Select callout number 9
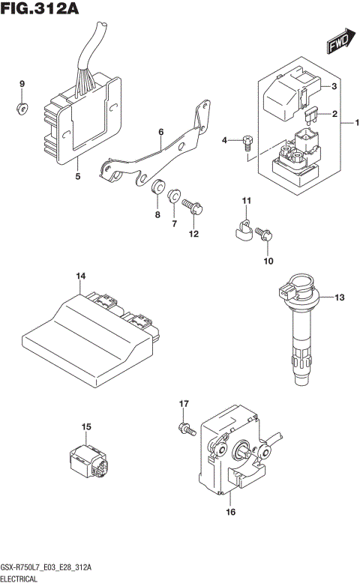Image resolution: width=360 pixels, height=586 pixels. [x=22, y=83]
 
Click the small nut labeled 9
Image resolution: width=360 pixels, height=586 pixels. [x=22, y=109]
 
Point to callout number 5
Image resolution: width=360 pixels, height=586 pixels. [x=77, y=177]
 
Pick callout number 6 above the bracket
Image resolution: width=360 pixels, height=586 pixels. [x=160, y=132]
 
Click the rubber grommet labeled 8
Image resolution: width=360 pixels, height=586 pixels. [x=158, y=188]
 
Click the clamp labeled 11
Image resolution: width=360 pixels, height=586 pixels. [x=241, y=229]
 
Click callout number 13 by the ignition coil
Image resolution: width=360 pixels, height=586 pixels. [x=339, y=298]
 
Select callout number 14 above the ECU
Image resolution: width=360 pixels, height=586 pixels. [x=80, y=277]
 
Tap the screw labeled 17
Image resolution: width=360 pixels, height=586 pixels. [x=184, y=429]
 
